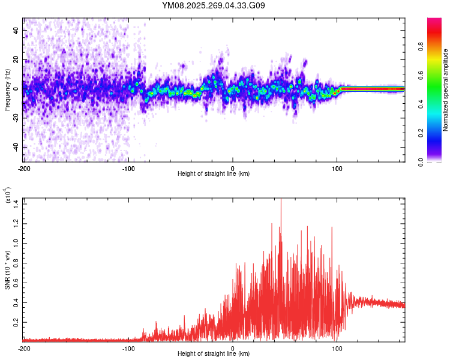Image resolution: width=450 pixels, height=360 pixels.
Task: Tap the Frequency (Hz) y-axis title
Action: (x=7, y=91)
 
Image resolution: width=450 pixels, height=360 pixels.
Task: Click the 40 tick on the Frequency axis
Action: (x=16, y=30)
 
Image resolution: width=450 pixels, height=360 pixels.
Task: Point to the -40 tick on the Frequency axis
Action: (x=15, y=147)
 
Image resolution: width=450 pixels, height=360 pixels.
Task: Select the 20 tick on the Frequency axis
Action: (x=16, y=59)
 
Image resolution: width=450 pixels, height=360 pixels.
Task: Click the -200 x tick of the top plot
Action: (x=24, y=168)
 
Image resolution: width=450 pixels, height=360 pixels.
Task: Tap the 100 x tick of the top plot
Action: (x=337, y=168)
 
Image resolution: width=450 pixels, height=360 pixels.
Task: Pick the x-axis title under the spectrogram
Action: (x=214, y=174)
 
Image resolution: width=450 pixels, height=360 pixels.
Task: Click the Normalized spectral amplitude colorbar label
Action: (x=445, y=91)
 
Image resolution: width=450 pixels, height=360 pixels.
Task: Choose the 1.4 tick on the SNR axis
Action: (x=16, y=201)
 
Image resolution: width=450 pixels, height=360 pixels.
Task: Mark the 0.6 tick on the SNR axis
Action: (x=16, y=281)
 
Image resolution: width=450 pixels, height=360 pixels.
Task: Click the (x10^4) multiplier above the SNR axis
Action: (x=8, y=196)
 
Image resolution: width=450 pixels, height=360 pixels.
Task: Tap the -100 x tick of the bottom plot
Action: (x=128, y=348)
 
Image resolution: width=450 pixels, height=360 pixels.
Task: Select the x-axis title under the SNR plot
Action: (x=214, y=354)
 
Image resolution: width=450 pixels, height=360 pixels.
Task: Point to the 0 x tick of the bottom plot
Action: (x=233, y=348)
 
